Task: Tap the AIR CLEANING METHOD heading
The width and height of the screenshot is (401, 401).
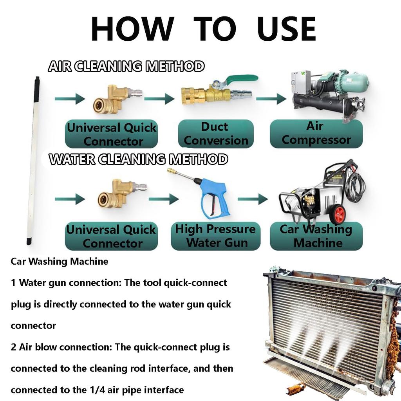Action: [126, 67]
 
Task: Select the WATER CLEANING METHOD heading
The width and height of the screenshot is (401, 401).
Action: [138, 159]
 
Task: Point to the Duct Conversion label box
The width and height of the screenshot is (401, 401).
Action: [216, 134]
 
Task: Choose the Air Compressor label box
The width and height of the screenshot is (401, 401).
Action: [316, 134]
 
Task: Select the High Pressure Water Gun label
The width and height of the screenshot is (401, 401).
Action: [215, 236]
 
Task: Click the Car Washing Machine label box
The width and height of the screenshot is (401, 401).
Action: [316, 236]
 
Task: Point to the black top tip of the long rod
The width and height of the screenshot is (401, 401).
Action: [37, 84]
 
